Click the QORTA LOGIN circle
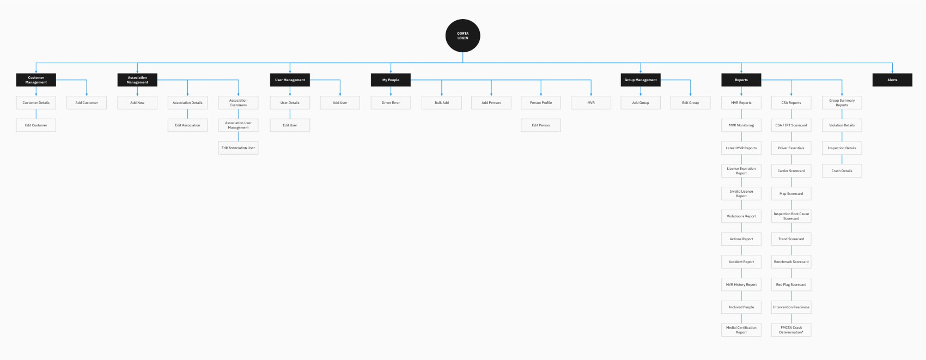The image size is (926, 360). (x=462, y=35)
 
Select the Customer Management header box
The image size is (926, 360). (x=36, y=80)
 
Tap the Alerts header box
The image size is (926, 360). (x=892, y=80)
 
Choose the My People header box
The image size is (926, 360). (x=391, y=80)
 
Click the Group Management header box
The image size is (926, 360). (x=641, y=80)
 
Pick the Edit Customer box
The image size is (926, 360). (x=36, y=125)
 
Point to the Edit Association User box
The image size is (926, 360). (x=238, y=148)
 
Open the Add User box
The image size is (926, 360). (x=340, y=102)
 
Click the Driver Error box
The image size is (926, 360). (x=391, y=102)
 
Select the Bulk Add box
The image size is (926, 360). (x=442, y=102)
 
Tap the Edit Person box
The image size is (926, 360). (x=541, y=125)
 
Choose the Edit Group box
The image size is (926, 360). (x=690, y=102)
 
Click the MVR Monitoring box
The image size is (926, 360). (x=741, y=125)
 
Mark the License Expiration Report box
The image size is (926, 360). (x=741, y=170)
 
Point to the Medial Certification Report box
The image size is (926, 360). (x=741, y=330)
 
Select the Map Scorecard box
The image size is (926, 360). (x=791, y=193)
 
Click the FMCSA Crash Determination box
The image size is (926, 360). (x=791, y=330)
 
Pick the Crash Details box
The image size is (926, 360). (x=842, y=170)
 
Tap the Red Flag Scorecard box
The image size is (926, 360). (x=791, y=284)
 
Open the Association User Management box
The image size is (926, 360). (x=238, y=125)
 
